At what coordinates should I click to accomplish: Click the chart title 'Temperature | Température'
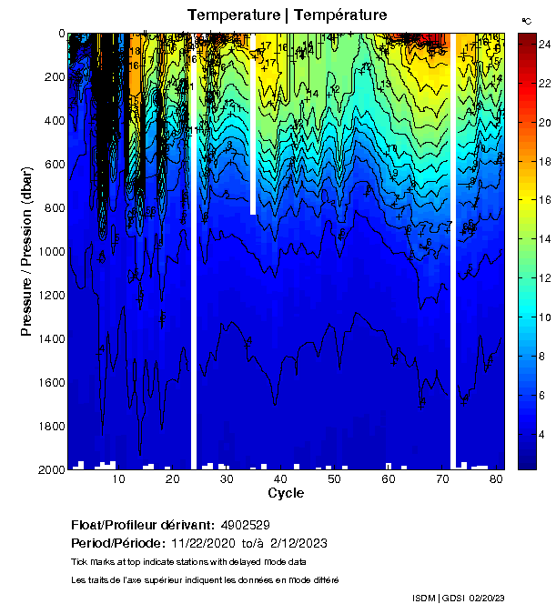coord(287,15)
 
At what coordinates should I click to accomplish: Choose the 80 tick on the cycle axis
coord(496,469)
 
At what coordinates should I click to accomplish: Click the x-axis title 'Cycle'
coord(286,493)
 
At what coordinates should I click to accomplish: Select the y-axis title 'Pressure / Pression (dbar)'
coord(26,251)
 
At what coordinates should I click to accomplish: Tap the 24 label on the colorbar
coord(544,44)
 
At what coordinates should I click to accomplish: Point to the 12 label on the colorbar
coord(544,278)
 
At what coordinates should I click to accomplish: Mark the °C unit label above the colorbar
coord(526,20)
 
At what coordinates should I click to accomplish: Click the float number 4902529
coord(244,525)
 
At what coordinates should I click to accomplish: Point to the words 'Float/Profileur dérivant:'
coord(141,525)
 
